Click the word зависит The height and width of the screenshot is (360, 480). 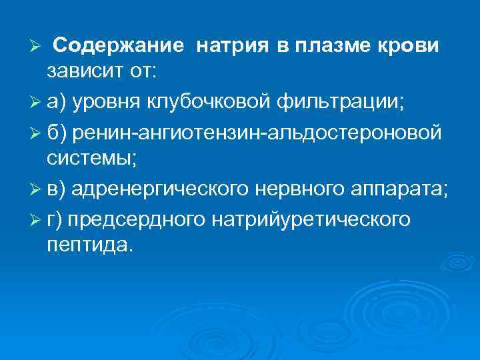point(84,70)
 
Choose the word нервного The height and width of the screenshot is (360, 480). point(297,189)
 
